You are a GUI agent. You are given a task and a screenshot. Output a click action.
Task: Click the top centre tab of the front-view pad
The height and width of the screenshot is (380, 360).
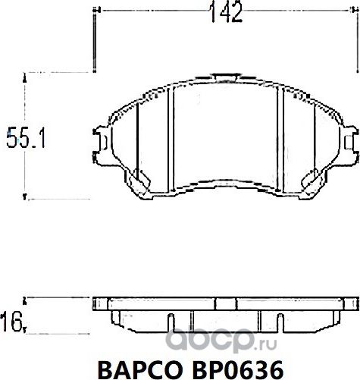point(225,76)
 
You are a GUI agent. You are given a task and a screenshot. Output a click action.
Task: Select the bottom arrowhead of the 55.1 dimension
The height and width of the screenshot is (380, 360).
point(28,197)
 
